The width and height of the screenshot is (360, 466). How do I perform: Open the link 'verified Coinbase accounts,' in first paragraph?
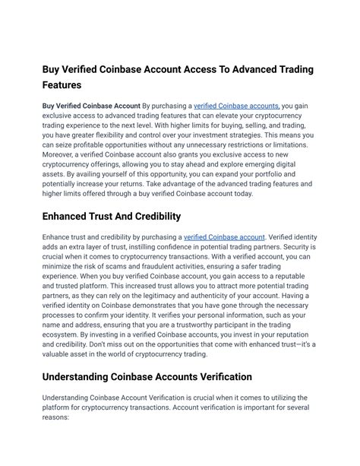click(237, 106)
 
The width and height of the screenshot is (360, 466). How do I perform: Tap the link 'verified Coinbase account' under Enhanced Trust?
click(225, 238)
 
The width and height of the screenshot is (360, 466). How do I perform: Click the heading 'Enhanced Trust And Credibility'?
click(111, 217)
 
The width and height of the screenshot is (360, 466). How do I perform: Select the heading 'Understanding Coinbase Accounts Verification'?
click(147, 376)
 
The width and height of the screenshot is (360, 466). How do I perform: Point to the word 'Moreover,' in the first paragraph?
click(61, 154)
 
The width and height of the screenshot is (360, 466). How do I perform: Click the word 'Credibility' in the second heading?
click(152, 217)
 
